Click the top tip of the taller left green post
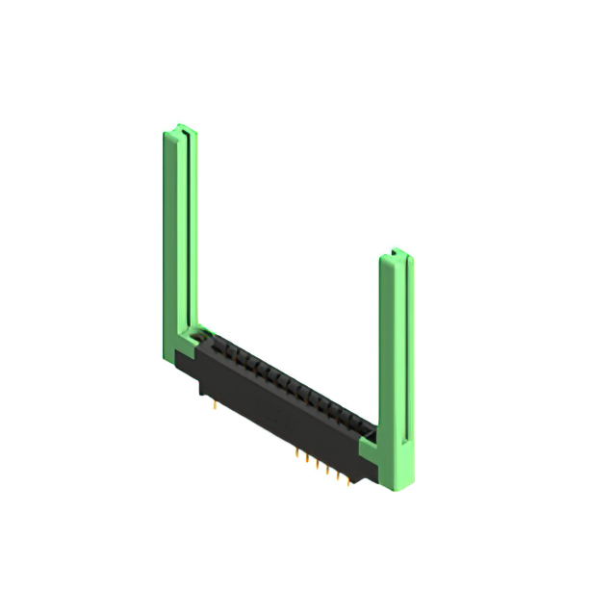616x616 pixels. coord(179,128)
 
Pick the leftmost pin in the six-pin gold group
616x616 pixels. coord(295,457)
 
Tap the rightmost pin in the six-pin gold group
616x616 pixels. coord(348,484)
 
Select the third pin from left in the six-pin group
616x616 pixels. coord(317,468)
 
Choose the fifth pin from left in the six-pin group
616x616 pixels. coord(338,478)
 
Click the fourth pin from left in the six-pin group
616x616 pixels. coord(327,474)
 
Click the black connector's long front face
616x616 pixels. coord(279,414)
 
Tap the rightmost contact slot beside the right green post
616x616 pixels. coord(364,428)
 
